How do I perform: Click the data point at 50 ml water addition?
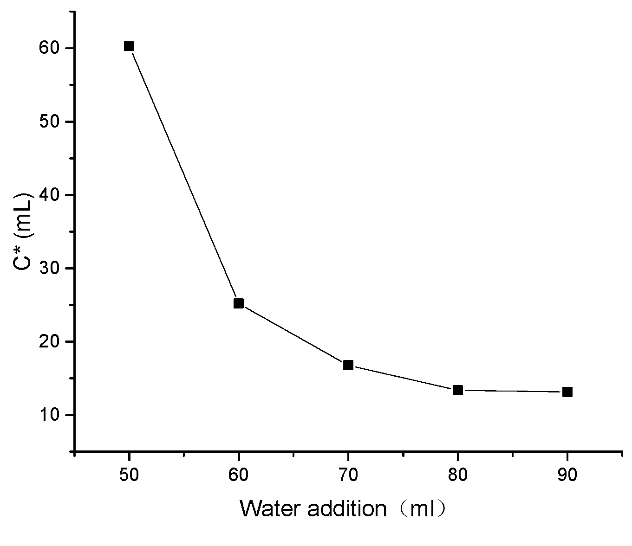(x=129, y=46)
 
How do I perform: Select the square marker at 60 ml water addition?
(x=239, y=303)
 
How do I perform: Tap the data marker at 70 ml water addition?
(x=348, y=365)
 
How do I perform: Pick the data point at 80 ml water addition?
(x=458, y=390)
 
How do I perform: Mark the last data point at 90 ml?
(x=567, y=392)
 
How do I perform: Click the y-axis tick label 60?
(x=51, y=48)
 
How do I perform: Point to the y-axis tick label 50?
(x=51, y=122)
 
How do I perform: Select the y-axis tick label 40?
(x=51, y=195)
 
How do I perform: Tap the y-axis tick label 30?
(x=51, y=268)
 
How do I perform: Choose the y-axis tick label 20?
(x=51, y=341)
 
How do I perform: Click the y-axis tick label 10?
(x=51, y=415)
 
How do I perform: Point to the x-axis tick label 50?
(x=129, y=475)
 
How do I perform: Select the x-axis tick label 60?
(x=239, y=475)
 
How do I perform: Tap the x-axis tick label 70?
(x=348, y=475)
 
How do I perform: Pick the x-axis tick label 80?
(x=458, y=475)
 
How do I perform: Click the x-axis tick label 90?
(x=567, y=475)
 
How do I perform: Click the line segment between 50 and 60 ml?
(x=184, y=175)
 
